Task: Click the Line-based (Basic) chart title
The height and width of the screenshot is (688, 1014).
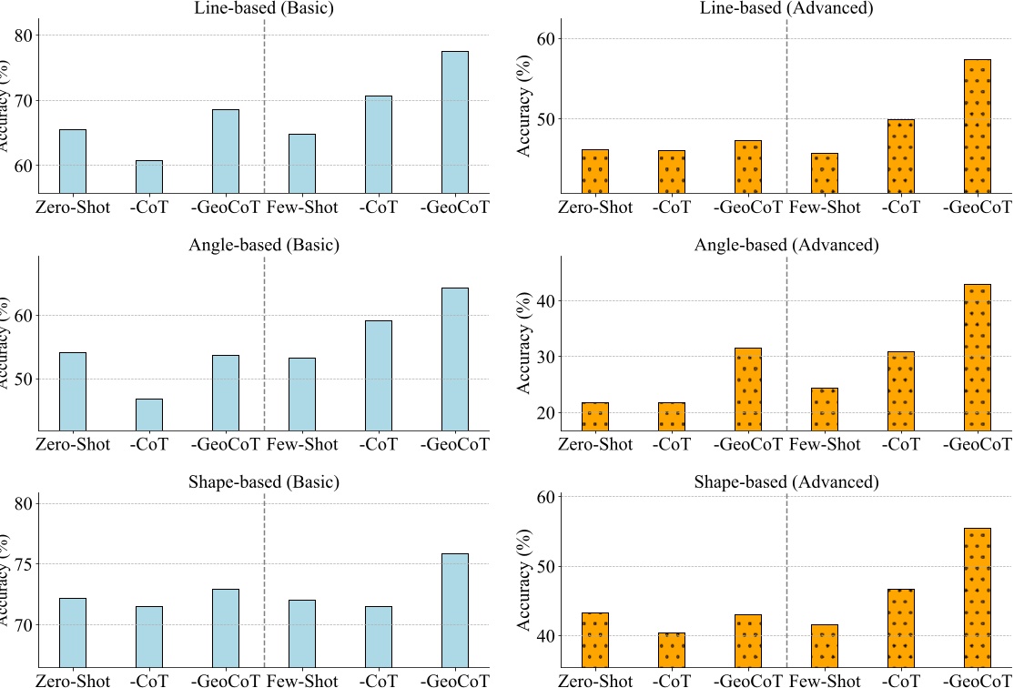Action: [x=264, y=9]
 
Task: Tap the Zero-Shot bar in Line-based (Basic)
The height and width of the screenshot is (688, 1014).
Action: [x=73, y=161]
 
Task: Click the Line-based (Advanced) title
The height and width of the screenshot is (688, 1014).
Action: [x=786, y=9]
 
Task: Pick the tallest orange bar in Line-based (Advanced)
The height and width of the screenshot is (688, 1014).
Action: [x=977, y=126]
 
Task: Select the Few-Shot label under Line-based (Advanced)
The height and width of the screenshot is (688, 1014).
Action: [x=825, y=207]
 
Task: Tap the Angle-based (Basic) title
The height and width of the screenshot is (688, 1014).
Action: [x=264, y=246]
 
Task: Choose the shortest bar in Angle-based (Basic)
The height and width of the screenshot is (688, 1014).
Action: [x=149, y=415]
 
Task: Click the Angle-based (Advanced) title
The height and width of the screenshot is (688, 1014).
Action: [x=786, y=246]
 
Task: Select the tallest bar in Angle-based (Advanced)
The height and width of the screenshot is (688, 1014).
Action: [x=977, y=358]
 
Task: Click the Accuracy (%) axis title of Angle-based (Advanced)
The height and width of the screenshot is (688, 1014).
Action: [x=524, y=343]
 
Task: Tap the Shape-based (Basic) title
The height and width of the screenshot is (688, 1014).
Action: [x=264, y=482]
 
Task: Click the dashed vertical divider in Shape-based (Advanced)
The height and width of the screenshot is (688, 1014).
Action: [x=786, y=582]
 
